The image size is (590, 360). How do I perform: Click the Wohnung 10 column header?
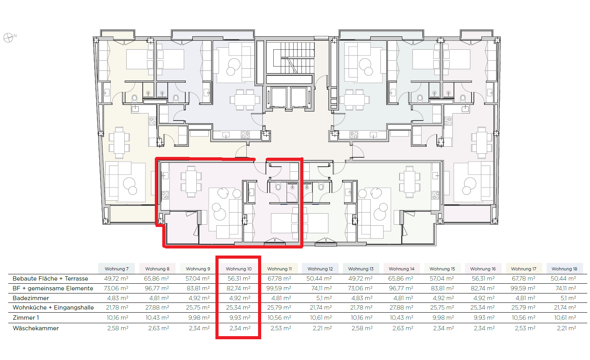(239, 269)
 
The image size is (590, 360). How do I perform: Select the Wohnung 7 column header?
(117, 269)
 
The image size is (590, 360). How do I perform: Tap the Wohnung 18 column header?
(565, 269)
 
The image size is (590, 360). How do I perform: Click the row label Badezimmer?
(31, 298)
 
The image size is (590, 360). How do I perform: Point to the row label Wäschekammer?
(36, 328)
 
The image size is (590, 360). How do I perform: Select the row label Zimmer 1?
(26, 318)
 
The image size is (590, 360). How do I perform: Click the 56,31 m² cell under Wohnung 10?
(239, 279)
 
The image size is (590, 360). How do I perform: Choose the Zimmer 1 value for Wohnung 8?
(157, 318)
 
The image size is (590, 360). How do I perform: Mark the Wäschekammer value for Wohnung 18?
(566, 328)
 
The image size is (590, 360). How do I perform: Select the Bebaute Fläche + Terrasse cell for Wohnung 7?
(116, 279)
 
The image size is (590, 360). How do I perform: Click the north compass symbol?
(8, 38)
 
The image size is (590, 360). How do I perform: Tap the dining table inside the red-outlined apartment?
(191, 182)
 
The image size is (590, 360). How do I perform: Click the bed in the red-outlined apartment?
(285, 223)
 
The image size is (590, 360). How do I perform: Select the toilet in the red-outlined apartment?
(278, 187)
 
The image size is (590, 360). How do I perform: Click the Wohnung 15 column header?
(442, 269)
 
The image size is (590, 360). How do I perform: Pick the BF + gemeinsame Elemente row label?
(53, 288)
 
